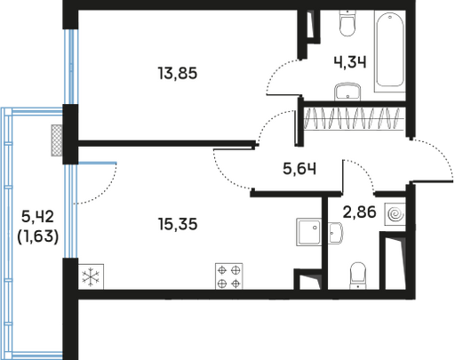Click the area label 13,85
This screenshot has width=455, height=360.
pyautogui.click(x=178, y=73)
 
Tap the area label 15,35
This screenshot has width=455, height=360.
pyautogui.click(x=178, y=224)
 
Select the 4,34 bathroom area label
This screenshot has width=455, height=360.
pyautogui.click(x=350, y=62)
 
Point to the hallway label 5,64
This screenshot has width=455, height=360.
pyautogui.click(x=299, y=169)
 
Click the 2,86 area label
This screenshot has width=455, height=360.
pyautogui.click(x=359, y=212)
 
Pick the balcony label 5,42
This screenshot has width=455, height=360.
pyautogui.click(x=37, y=216)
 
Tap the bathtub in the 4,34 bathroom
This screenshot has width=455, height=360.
pyautogui.click(x=390, y=51)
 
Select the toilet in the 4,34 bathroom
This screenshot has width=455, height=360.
pyautogui.click(x=347, y=23)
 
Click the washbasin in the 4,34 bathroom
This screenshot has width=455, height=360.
pyautogui.click(x=347, y=92)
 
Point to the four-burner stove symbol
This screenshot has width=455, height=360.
pyautogui.click(x=229, y=276)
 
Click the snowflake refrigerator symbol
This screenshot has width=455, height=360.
pyautogui.click(x=91, y=276)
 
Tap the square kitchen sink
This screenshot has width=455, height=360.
pyautogui.click(x=308, y=232)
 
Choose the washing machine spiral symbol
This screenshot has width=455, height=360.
pyautogui.click(x=395, y=214)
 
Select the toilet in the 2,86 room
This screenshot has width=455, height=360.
pyautogui.click(x=358, y=276)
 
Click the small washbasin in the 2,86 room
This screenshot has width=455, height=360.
pyautogui.click(x=335, y=233)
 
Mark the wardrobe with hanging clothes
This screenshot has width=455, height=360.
pyautogui.click(x=355, y=118)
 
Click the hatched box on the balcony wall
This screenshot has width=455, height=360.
pyautogui.click(x=57, y=140)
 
